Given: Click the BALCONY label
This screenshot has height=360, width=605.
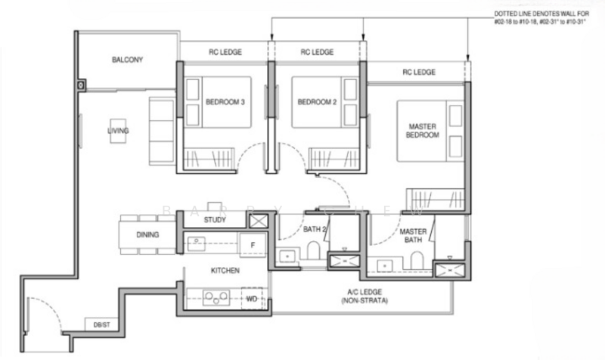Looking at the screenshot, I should [128, 60].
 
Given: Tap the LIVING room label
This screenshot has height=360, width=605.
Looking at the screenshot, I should [118, 131].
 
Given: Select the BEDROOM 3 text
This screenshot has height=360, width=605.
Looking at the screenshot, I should [225, 102].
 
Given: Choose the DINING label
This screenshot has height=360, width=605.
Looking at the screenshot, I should [148, 235].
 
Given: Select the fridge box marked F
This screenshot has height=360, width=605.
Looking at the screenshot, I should [251, 244].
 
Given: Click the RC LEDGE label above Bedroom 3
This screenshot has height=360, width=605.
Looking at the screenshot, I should [225, 53].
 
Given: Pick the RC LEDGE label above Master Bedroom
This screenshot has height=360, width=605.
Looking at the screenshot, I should [418, 72].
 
